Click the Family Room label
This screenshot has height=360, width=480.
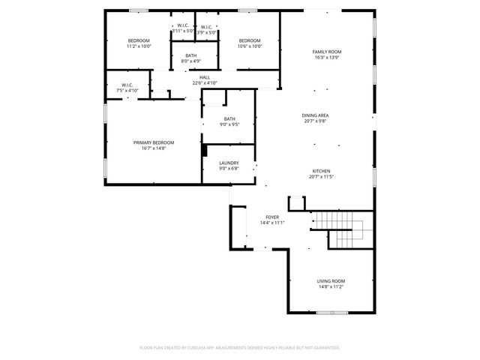(x=326, y=52)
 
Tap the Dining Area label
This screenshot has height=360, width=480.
(x=316, y=115)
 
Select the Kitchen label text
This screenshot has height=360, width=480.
(x=320, y=171)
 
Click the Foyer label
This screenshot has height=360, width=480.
(x=271, y=217)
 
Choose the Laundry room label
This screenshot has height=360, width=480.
(x=229, y=163)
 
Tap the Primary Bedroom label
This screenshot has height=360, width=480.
(x=154, y=142)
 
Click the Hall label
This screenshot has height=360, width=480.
(x=204, y=77)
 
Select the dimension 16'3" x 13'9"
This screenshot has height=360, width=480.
(x=326, y=57)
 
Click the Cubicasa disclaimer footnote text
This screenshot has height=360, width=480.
(x=240, y=347)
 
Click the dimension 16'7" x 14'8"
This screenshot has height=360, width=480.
(x=154, y=148)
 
